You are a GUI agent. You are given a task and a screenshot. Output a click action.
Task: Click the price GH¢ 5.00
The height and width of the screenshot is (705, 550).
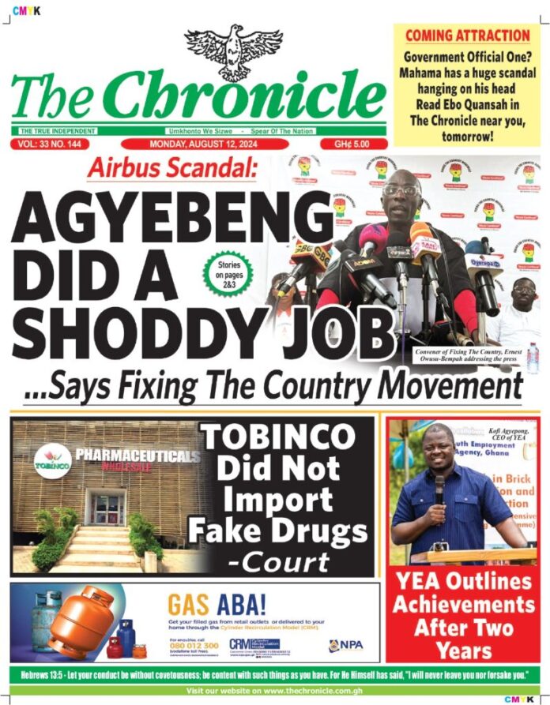354,144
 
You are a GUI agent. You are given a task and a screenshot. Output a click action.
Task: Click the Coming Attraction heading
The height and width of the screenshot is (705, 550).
467,36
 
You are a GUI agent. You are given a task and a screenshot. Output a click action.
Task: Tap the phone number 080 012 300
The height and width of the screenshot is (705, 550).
194,646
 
